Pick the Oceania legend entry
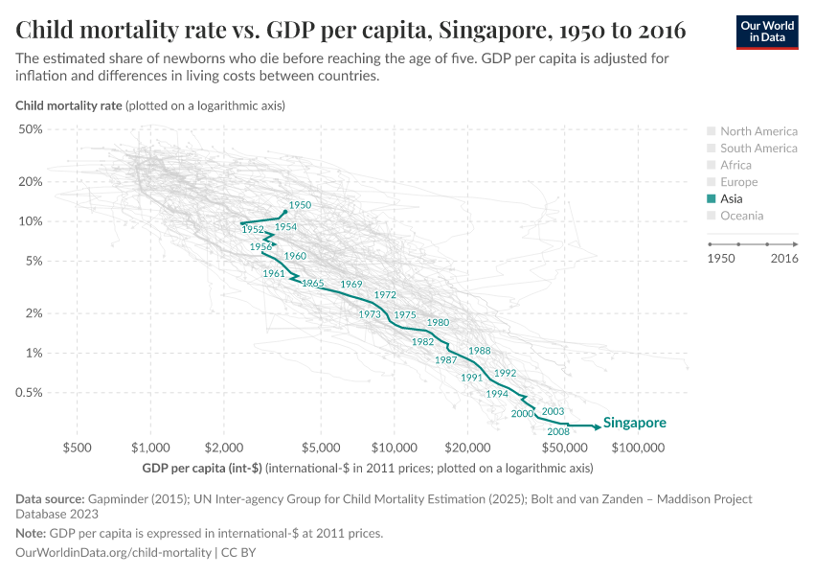741,216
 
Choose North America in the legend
757,131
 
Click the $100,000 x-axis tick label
638,448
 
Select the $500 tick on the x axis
77,448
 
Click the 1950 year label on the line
300,205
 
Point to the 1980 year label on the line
438,323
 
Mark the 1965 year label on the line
312,284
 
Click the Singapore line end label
634,423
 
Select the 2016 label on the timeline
783,259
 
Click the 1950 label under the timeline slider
721,259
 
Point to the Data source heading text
50,499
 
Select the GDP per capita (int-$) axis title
201,468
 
